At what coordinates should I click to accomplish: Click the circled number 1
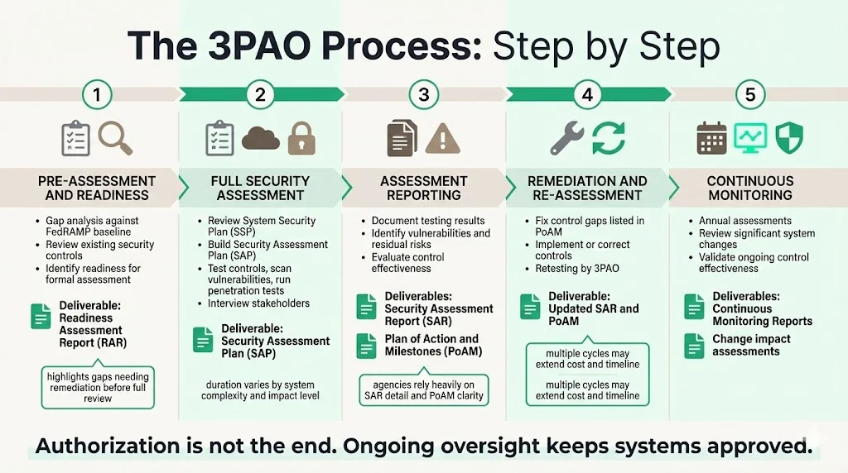(98, 95)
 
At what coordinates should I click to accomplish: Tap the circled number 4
(587, 95)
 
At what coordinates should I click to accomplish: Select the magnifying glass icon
(115, 137)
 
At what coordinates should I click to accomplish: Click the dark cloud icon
(260, 138)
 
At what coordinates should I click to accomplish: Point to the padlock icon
(301, 139)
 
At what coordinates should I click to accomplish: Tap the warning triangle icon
(441, 138)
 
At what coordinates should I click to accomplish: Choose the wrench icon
(567, 138)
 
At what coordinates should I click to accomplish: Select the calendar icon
(711, 139)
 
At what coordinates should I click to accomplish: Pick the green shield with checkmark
(787, 138)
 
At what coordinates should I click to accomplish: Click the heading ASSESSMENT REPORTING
(424, 189)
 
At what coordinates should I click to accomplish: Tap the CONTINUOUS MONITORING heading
(749, 189)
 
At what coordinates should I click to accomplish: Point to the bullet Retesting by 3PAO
(576, 270)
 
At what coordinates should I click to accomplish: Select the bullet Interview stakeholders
(258, 303)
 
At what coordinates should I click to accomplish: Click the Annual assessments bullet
(744, 221)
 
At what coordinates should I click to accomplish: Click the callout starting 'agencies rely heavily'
(423, 389)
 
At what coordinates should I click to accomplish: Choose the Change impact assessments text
(751, 345)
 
